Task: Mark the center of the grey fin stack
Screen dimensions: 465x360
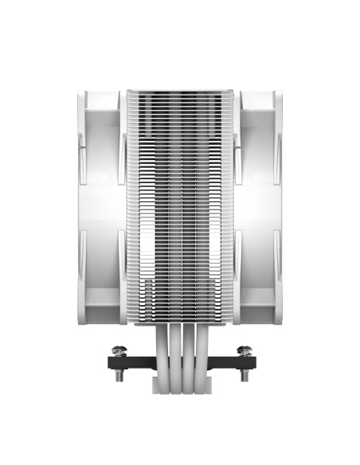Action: point(181,207)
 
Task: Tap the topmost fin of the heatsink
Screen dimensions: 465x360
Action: point(181,91)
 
